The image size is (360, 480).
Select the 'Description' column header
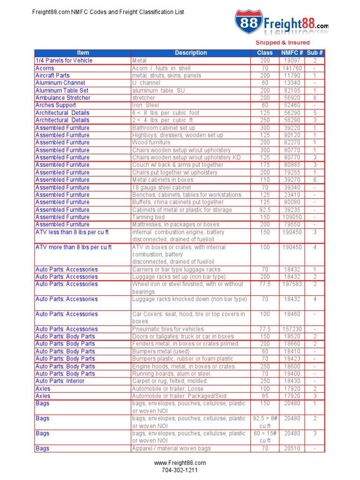191,53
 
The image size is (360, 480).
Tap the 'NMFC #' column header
292,53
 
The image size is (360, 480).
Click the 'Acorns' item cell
45,68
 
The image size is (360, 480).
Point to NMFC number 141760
292,68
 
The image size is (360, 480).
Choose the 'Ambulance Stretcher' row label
63,98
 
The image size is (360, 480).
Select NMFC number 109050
292,217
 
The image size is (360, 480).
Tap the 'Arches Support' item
56,105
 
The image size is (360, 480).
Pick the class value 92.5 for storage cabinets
265,210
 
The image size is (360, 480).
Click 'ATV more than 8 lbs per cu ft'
74,247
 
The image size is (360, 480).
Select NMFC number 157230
292,329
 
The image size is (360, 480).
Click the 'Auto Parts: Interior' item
60,381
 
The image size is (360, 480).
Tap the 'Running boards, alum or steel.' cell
172,374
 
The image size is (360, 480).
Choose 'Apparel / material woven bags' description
171,449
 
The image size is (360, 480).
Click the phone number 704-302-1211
180,470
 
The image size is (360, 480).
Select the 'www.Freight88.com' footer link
180,463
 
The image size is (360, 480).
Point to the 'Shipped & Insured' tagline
282,43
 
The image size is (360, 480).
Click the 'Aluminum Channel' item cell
60,83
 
